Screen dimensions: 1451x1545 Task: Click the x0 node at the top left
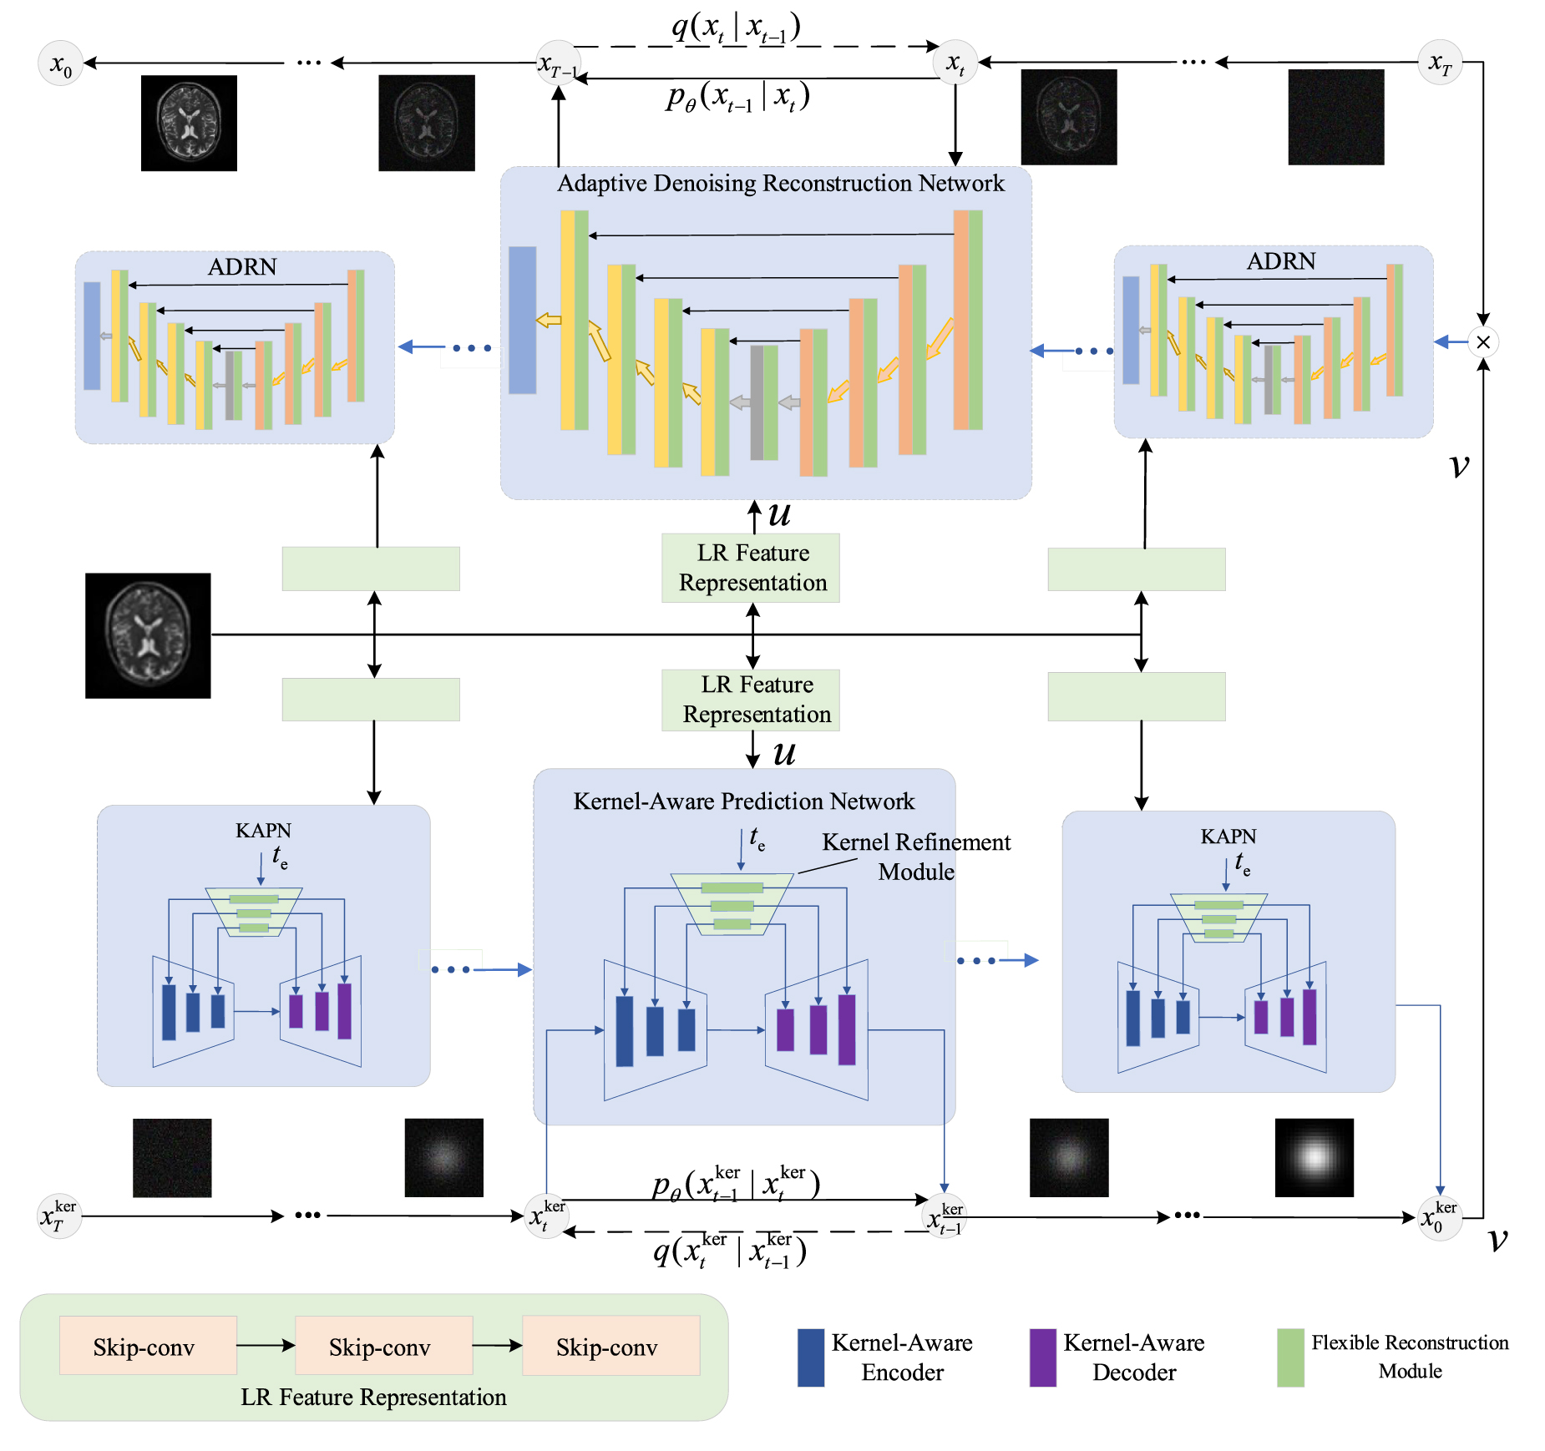[x=61, y=63]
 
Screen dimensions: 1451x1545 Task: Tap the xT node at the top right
[x=1440, y=63]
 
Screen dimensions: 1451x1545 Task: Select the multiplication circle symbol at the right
[x=1483, y=341]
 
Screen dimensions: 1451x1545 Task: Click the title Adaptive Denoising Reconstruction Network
[x=780, y=183]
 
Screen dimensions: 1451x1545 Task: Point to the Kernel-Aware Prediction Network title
[x=743, y=801]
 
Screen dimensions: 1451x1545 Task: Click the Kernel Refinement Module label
[x=916, y=857]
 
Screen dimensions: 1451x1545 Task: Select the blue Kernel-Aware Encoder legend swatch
[x=810, y=1357]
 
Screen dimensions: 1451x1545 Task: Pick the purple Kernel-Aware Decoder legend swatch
[x=1042, y=1357]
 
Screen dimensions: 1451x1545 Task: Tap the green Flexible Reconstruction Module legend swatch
[x=1290, y=1357]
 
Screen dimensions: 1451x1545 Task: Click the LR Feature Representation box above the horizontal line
[x=751, y=568]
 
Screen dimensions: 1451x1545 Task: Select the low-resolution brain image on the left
[x=148, y=635]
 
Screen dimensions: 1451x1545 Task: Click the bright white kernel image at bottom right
[x=1314, y=1157]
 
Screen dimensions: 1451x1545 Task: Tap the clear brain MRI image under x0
[x=189, y=123]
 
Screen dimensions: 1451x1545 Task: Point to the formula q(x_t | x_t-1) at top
[x=736, y=28]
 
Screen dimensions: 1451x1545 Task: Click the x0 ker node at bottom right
[x=1439, y=1217]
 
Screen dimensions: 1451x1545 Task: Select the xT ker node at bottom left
[x=59, y=1216]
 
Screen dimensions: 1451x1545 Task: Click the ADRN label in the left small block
[x=242, y=266]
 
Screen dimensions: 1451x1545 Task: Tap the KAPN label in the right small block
[x=1228, y=837]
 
